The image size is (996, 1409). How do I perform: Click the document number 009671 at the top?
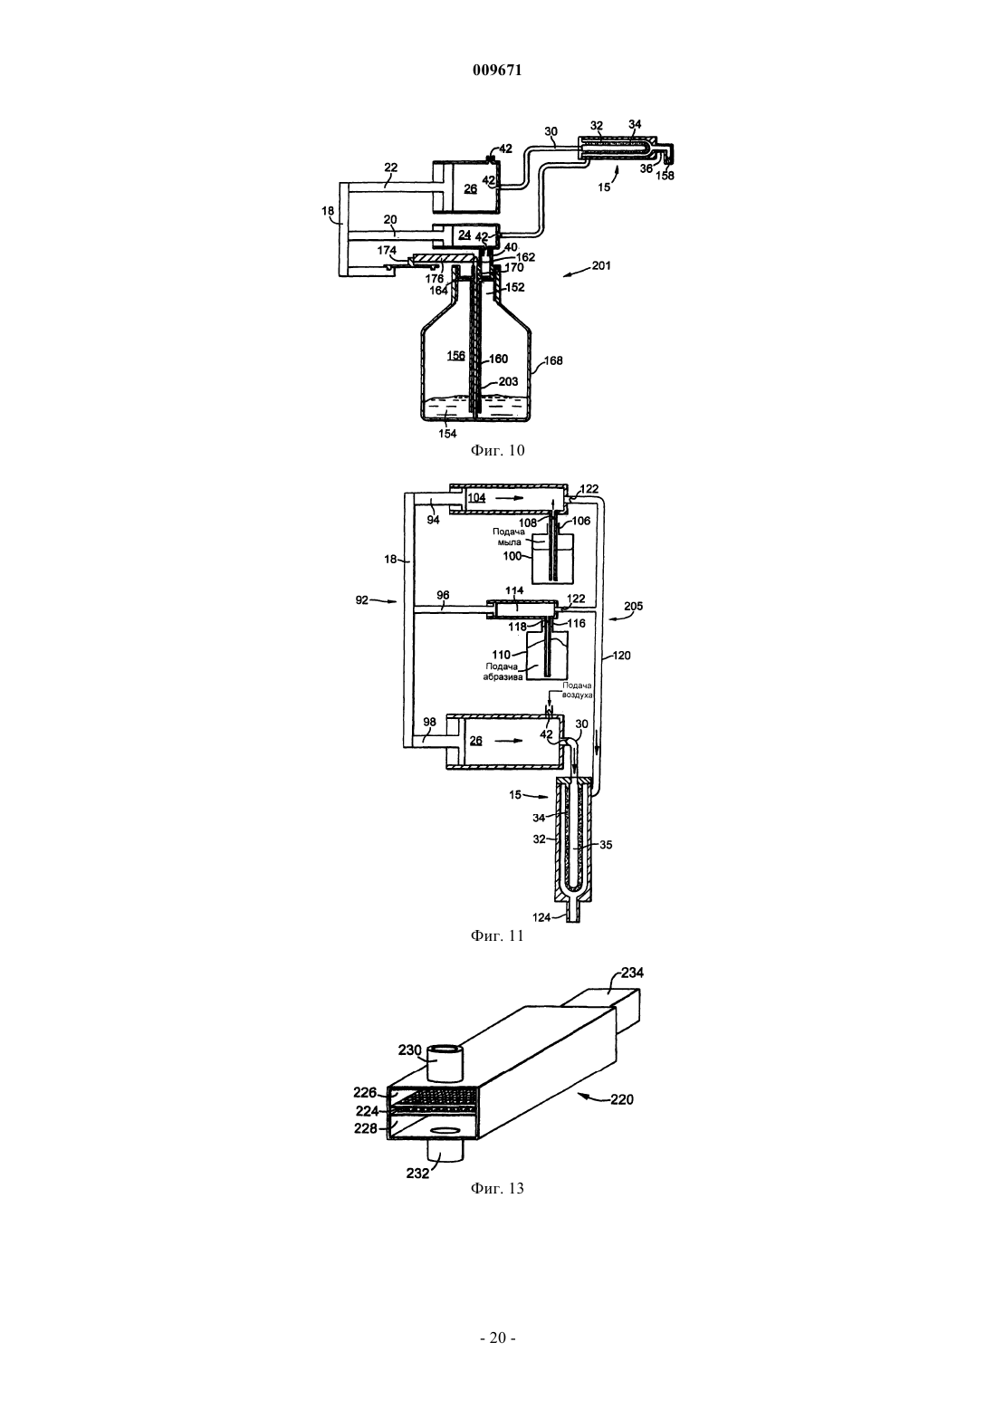497,70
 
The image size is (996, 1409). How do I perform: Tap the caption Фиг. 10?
497,450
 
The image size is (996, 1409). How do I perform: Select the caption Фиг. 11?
497,935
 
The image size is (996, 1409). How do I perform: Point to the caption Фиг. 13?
497,1188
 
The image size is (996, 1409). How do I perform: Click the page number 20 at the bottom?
497,1337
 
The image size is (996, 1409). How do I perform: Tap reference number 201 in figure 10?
601,265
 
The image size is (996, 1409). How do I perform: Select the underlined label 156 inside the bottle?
455,356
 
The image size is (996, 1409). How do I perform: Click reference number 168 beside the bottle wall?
552,361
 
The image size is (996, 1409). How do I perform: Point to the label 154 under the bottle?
447,434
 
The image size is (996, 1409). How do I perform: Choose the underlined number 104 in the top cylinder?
476,497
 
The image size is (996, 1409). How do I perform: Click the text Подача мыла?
508,537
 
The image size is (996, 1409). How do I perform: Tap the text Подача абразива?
503,672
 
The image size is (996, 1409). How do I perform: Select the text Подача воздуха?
578,690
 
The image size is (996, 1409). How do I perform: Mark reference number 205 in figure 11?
633,607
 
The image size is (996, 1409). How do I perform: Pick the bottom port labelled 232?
445,1151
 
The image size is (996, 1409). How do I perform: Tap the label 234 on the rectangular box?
633,973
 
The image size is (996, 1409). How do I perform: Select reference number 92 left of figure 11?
362,600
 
